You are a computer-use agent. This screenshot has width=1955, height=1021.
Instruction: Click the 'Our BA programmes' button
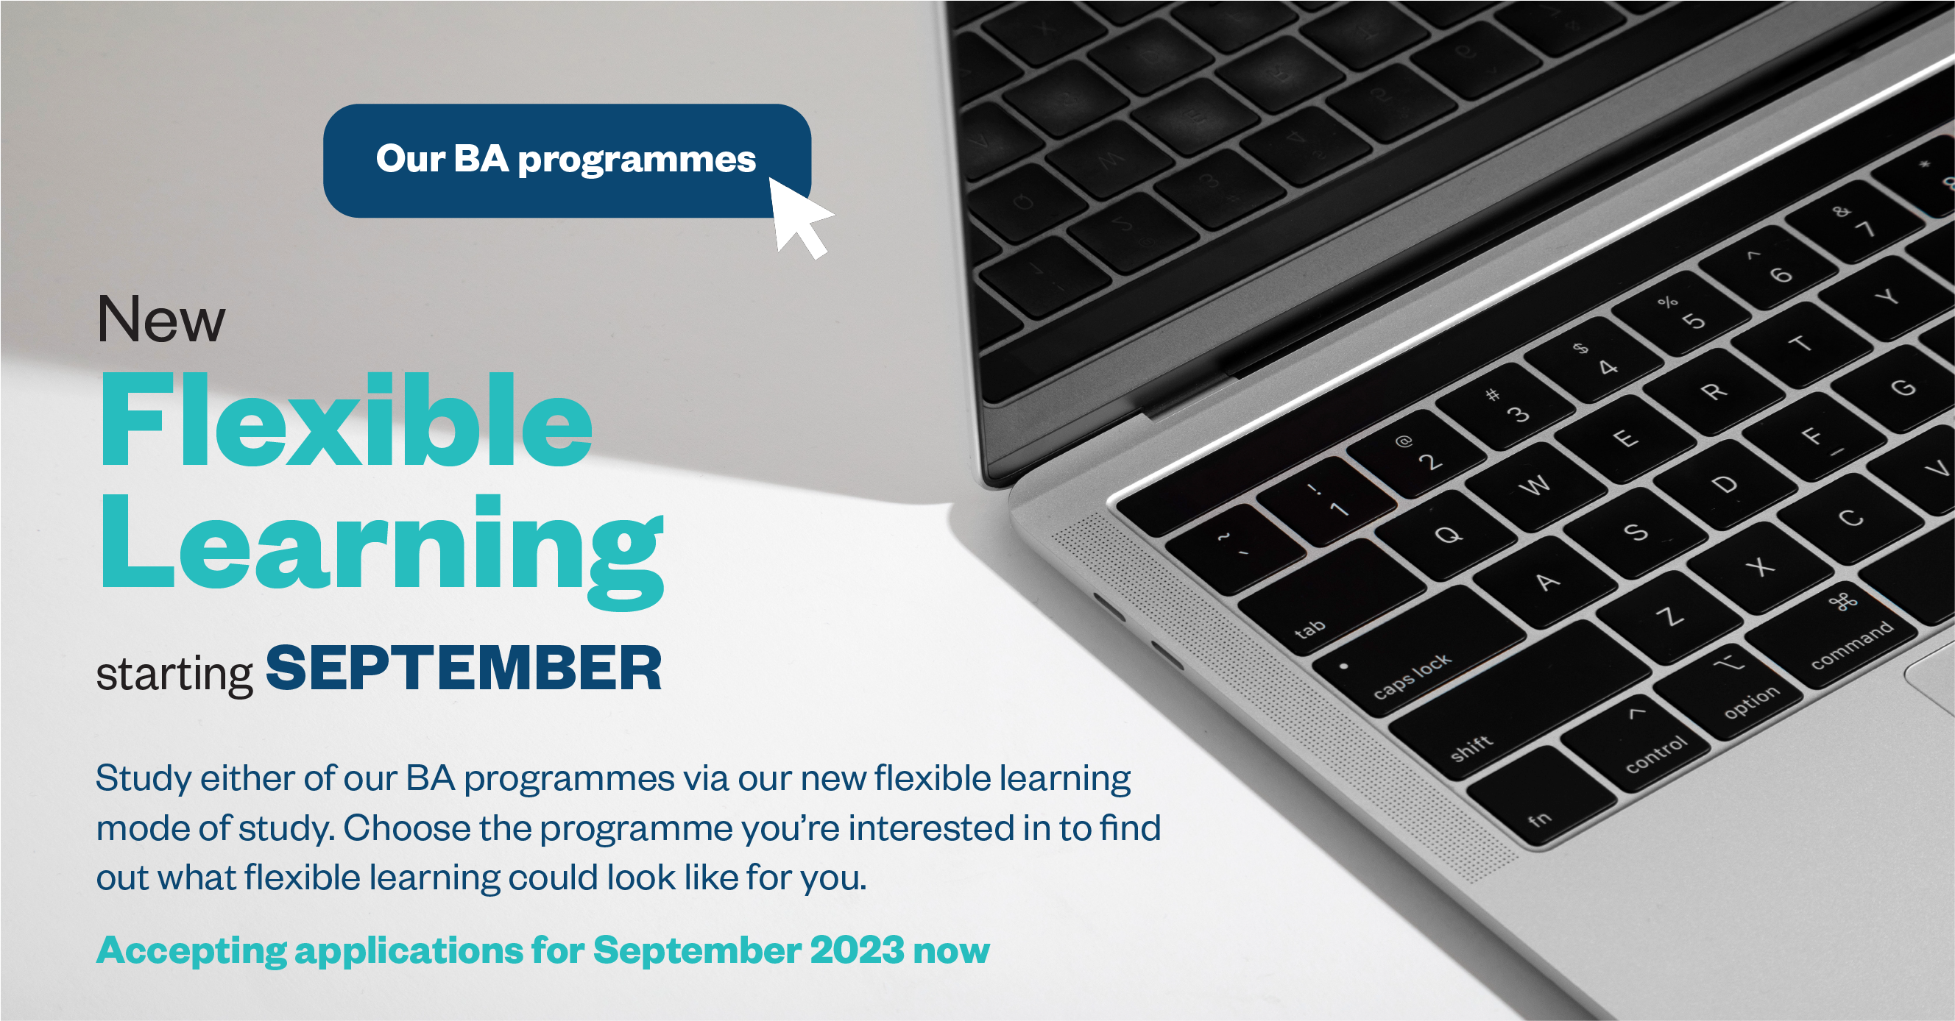pos(567,161)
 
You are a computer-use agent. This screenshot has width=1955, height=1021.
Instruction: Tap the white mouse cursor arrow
pos(797,216)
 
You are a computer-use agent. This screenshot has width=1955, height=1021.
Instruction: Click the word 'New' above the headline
pos(161,319)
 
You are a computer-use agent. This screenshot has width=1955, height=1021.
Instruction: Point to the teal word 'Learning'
pos(383,548)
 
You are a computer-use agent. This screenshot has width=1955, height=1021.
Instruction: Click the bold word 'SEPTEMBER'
pos(464,668)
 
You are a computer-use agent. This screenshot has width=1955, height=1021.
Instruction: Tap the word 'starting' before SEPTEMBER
pos(174,675)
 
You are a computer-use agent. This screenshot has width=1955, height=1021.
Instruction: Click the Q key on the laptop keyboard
pos(1446,535)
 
